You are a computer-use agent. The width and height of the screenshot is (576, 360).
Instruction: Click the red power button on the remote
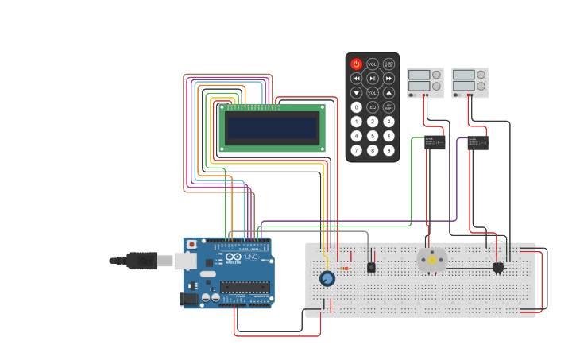pos(356,64)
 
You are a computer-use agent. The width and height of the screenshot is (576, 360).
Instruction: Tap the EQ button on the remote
pos(373,106)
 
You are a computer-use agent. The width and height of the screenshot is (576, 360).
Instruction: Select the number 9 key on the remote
pos(389,150)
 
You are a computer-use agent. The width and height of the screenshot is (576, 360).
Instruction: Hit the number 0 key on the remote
pos(356,106)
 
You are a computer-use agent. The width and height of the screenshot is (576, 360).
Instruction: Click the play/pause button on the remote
pos(373,78)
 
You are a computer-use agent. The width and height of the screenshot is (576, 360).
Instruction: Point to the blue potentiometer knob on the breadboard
pos(327,278)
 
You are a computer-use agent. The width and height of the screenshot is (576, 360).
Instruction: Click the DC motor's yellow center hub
pos(432,260)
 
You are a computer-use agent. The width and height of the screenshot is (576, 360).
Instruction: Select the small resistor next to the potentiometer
pos(344,269)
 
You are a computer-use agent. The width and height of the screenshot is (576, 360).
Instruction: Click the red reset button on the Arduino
pos(191,244)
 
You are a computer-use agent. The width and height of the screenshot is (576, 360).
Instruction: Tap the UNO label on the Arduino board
pos(250,257)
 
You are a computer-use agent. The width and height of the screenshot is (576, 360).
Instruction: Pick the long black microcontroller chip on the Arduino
pos(244,287)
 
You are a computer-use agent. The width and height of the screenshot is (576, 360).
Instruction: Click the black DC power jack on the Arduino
pos(189,299)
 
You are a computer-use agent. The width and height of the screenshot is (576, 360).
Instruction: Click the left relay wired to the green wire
pos(435,142)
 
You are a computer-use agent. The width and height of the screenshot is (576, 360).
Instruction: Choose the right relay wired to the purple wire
pos(477,143)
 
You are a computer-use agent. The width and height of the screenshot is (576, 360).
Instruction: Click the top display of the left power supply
pos(419,75)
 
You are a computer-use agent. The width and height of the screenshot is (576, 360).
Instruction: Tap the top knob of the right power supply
pos(481,75)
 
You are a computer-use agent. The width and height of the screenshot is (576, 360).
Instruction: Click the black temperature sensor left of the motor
pos(371,268)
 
